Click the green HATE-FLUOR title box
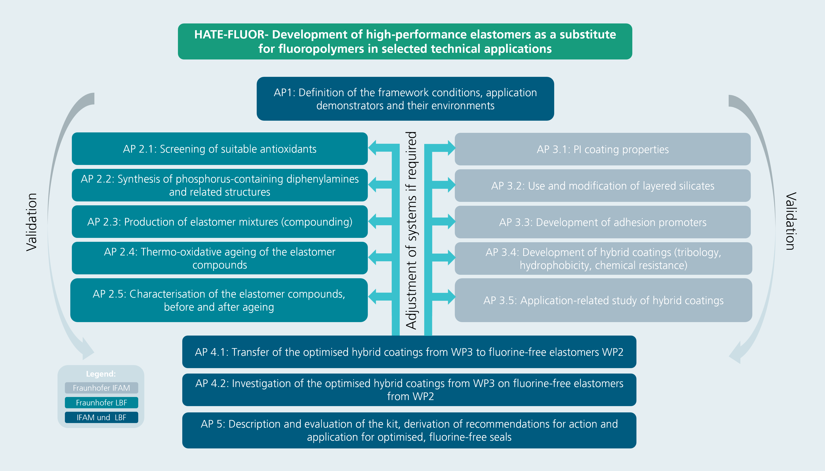[405, 41]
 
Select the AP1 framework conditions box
[405, 99]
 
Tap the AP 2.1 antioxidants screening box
[220, 149]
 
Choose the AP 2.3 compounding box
[220, 222]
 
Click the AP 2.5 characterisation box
[219, 300]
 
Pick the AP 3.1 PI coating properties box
[603, 149]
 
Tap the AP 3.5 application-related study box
[603, 300]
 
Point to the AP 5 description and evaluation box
[409, 430]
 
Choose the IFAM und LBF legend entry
[101, 418]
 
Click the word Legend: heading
[101, 374]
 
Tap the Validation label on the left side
[32, 222]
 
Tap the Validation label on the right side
[791, 221]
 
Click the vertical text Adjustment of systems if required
[411, 230]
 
